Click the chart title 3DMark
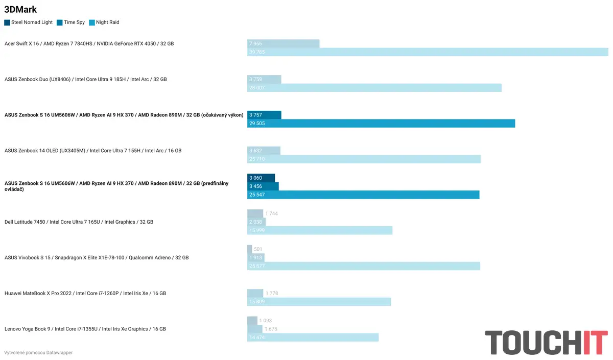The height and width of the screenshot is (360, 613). pos(20,9)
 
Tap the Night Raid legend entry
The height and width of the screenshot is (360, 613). pos(104,22)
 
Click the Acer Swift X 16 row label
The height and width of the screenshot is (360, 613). pos(89,43)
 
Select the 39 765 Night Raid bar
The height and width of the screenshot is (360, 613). pos(428,52)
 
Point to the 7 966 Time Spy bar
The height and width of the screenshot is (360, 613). pos(284,44)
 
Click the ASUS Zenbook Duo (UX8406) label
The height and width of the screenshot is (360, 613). pos(85,79)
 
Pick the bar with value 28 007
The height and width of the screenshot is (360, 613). pos(374,88)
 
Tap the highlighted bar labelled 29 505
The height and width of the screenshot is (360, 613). pos(381,124)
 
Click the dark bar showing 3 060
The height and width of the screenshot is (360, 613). pos(261,178)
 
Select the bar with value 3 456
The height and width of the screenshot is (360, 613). pos(263,186)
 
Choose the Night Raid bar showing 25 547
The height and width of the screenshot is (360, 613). pos(363,195)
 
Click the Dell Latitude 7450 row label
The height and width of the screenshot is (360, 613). pos(79,222)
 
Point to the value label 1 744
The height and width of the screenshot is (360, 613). pos(272,213)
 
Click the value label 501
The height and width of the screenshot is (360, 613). pos(258,249)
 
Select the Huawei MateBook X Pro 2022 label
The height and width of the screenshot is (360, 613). pos(85,294)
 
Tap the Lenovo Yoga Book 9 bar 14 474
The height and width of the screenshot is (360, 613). pos(313,338)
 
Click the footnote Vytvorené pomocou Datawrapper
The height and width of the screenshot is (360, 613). pos(38,353)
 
